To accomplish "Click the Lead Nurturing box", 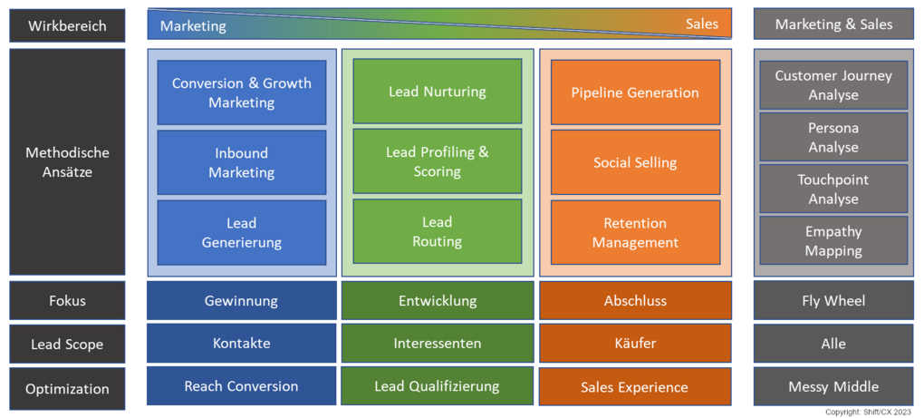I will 437,92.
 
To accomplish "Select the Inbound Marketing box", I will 242,162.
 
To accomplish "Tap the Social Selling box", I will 635,162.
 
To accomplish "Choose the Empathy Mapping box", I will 833,241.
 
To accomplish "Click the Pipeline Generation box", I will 635,92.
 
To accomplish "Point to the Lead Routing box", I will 437,232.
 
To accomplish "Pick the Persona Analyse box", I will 833,137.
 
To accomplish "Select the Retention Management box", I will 635,233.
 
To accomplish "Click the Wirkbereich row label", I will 67,25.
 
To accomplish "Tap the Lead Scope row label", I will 67,345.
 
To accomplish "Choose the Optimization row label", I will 67,389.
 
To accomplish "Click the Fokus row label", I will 67,300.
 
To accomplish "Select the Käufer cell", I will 635,344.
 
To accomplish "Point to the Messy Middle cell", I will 833,386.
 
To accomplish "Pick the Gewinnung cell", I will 242,300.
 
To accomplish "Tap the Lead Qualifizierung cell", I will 437,386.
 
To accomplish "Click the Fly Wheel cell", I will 833,300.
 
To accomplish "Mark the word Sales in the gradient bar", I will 701,24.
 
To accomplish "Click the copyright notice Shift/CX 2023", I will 869,412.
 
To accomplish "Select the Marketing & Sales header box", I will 833,24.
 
